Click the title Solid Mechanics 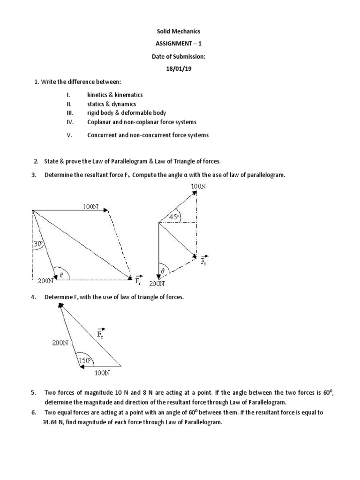click(180, 31)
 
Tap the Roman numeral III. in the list click(70, 113)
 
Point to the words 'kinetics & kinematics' click(115, 95)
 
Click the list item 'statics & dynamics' click(112, 104)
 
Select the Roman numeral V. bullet click(69, 135)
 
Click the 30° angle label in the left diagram click(39, 244)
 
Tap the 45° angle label click(175, 217)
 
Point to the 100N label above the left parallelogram click(91, 206)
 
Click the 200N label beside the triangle click(60, 343)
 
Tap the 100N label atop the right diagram click(198, 186)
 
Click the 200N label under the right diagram click(157, 284)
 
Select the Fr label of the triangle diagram click(101, 334)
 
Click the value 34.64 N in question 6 click(50, 421)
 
